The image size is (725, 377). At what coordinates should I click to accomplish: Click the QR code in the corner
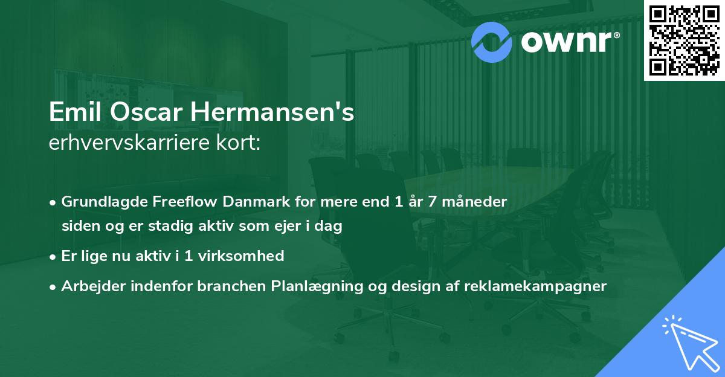point(685,40)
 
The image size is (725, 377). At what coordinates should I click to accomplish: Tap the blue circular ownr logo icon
point(492,40)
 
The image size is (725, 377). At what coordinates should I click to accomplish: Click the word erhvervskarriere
point(128,144)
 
